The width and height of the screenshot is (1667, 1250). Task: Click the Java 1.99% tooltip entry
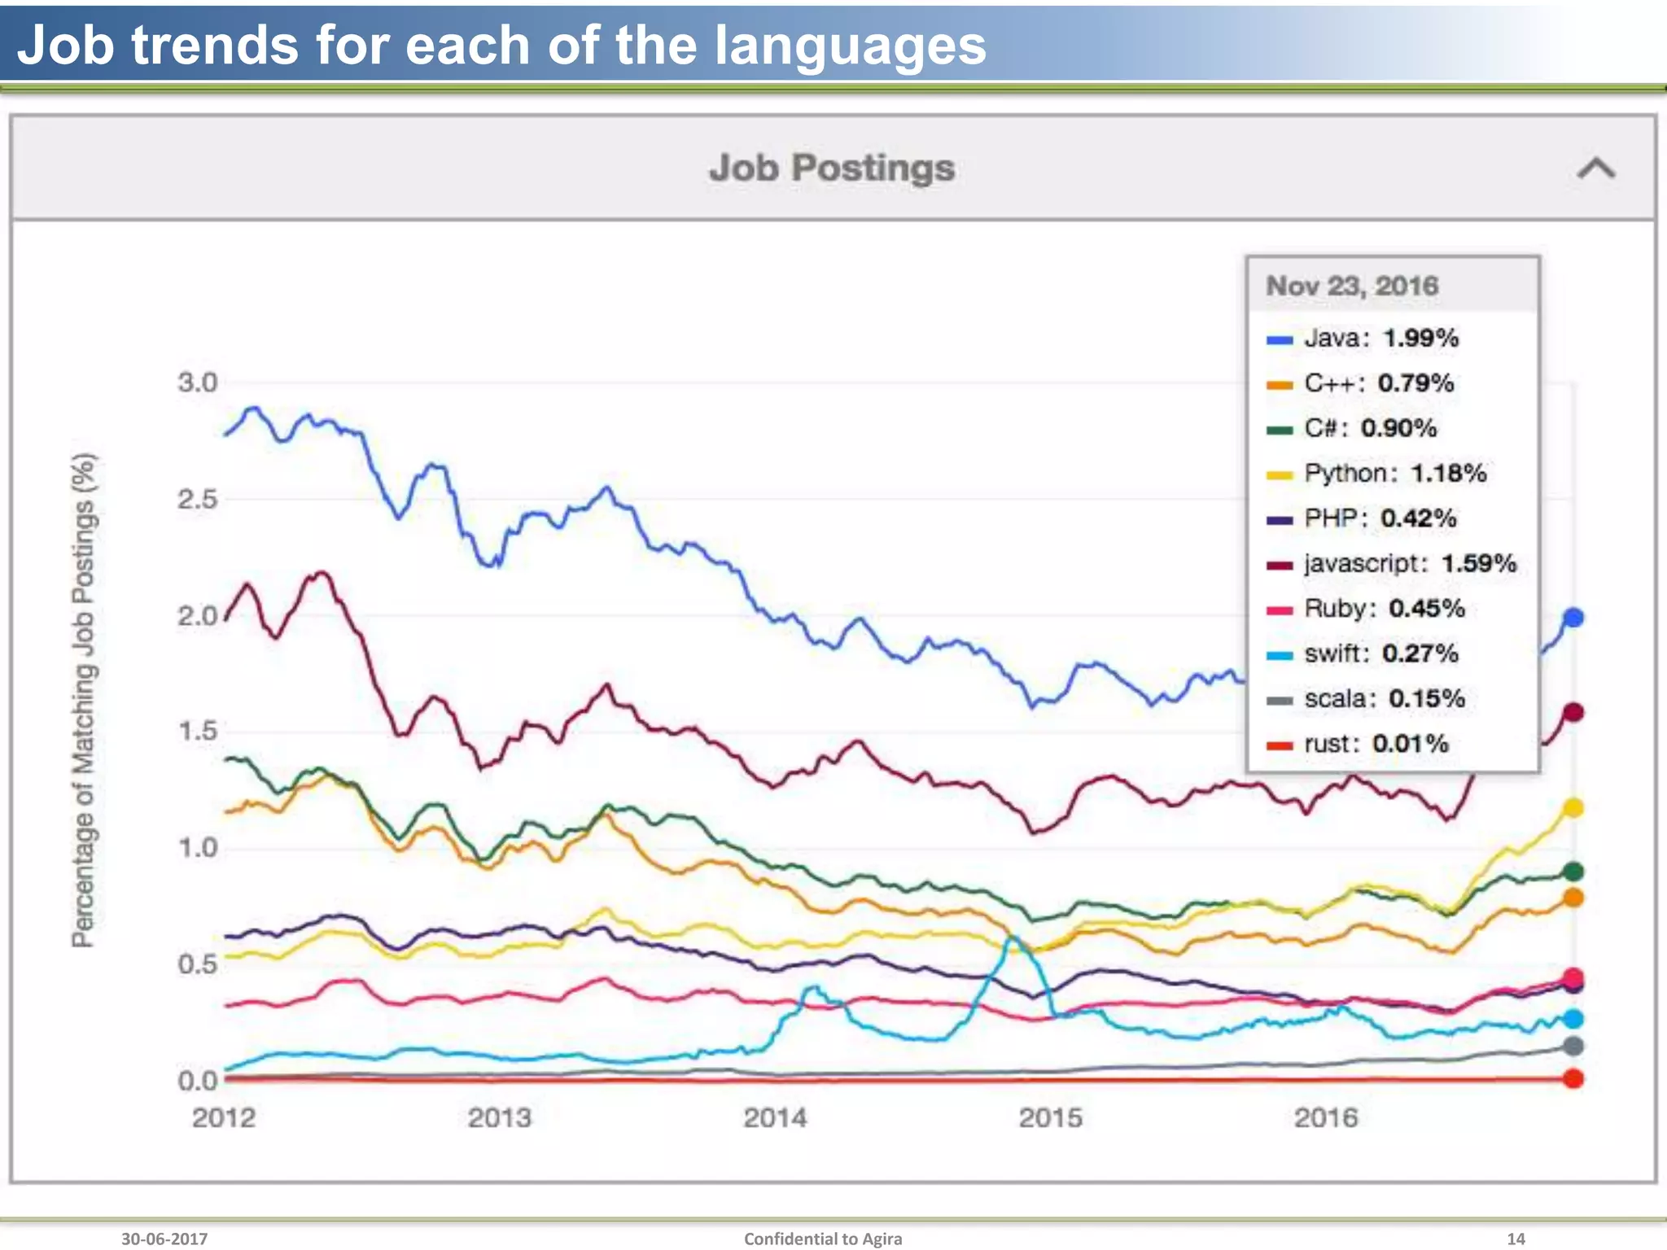point(1363,338)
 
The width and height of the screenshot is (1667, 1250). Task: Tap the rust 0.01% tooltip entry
point(1359,743)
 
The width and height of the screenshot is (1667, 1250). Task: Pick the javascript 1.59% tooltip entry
point(1393,563)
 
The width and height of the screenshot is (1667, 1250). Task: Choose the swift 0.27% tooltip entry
point(1363,653)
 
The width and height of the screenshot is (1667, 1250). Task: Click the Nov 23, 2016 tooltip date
point(1352,286)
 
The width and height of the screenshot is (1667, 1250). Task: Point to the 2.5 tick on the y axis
point(198,499)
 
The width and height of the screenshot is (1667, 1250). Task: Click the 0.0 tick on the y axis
point(198,1080)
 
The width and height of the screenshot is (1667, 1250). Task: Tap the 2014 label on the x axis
point(775,1117)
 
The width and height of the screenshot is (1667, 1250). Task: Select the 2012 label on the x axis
point(224,1117)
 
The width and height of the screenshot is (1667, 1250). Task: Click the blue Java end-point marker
point(1573,618)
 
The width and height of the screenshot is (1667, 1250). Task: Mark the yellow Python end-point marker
point(1573,807)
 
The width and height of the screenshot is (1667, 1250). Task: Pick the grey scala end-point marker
point(1573,1046)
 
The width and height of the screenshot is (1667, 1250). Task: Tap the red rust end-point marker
point(1573,1078)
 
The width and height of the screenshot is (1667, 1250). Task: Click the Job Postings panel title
point(831,168)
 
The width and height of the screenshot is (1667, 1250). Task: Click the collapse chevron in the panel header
point(1595,168)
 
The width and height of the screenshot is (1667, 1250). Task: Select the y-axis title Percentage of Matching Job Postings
point(83,700)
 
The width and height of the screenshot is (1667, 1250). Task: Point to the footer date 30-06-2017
point(164,1239)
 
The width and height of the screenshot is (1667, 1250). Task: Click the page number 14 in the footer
point(1516,1239)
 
